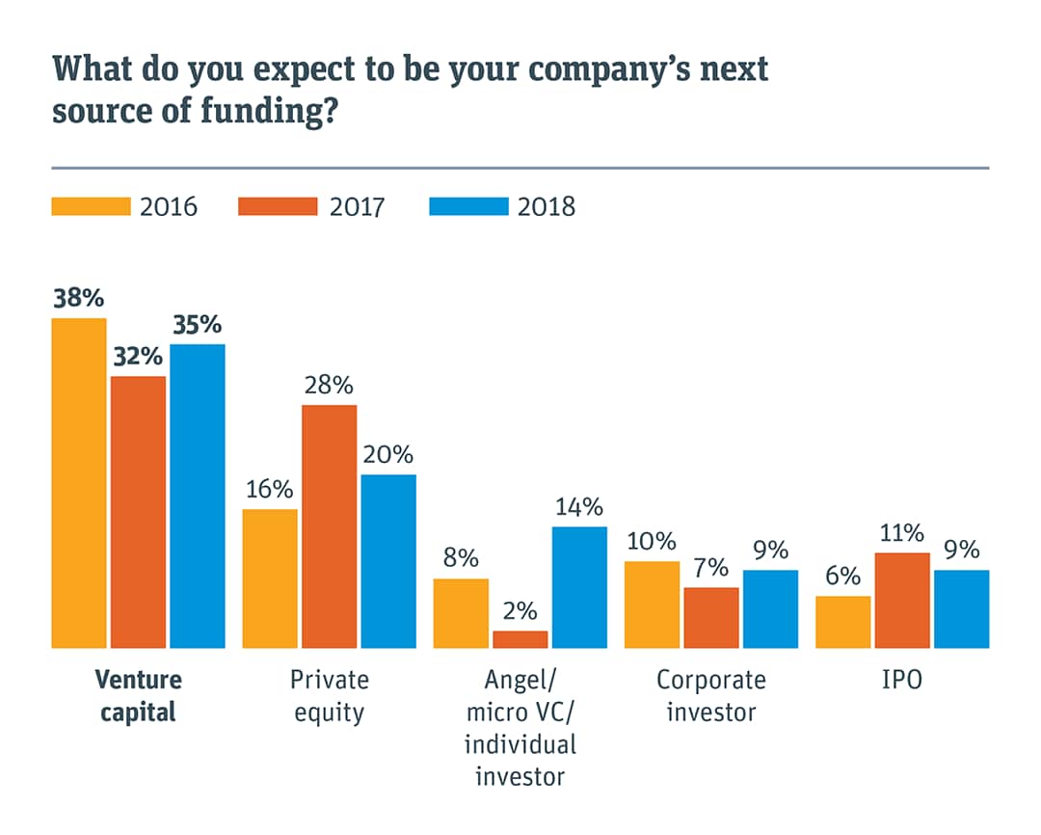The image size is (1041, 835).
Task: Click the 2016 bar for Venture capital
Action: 79,482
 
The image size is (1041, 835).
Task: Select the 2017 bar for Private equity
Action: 329,525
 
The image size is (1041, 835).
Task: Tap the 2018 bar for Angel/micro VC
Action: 579,586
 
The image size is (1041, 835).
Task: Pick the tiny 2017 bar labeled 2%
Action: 520,639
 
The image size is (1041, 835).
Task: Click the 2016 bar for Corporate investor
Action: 652,604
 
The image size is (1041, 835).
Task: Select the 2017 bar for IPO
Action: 902,600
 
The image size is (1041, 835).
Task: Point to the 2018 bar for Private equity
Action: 388,560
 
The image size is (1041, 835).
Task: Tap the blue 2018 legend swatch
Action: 467,206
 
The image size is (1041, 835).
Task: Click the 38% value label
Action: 78,298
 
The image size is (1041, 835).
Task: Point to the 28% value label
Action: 329,386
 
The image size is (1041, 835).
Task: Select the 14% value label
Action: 579,507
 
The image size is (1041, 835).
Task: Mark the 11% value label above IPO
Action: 902,533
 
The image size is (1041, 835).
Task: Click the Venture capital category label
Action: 138,696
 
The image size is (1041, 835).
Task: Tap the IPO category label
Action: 901,680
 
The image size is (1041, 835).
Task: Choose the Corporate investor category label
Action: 711,696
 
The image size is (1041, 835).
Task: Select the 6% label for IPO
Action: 843,577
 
